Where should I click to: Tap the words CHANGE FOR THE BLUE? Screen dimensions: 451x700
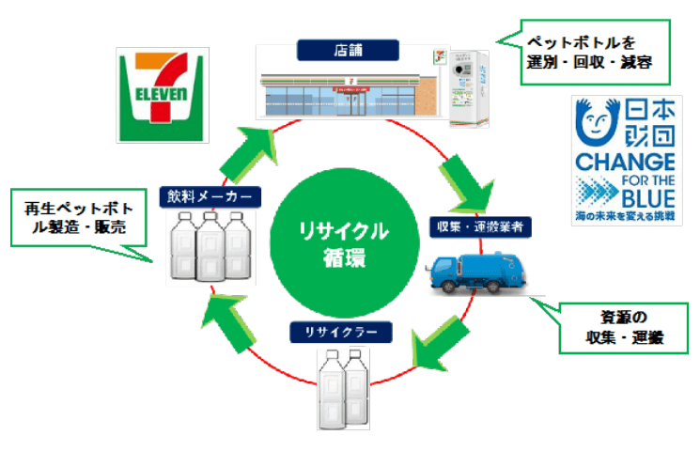click(624, 179)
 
